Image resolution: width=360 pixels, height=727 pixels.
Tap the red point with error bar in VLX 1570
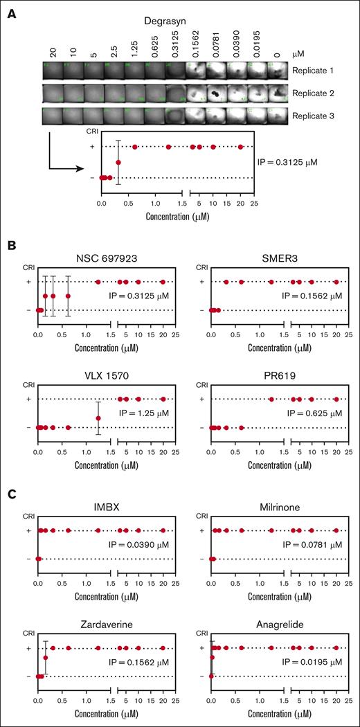coord(98,418)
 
